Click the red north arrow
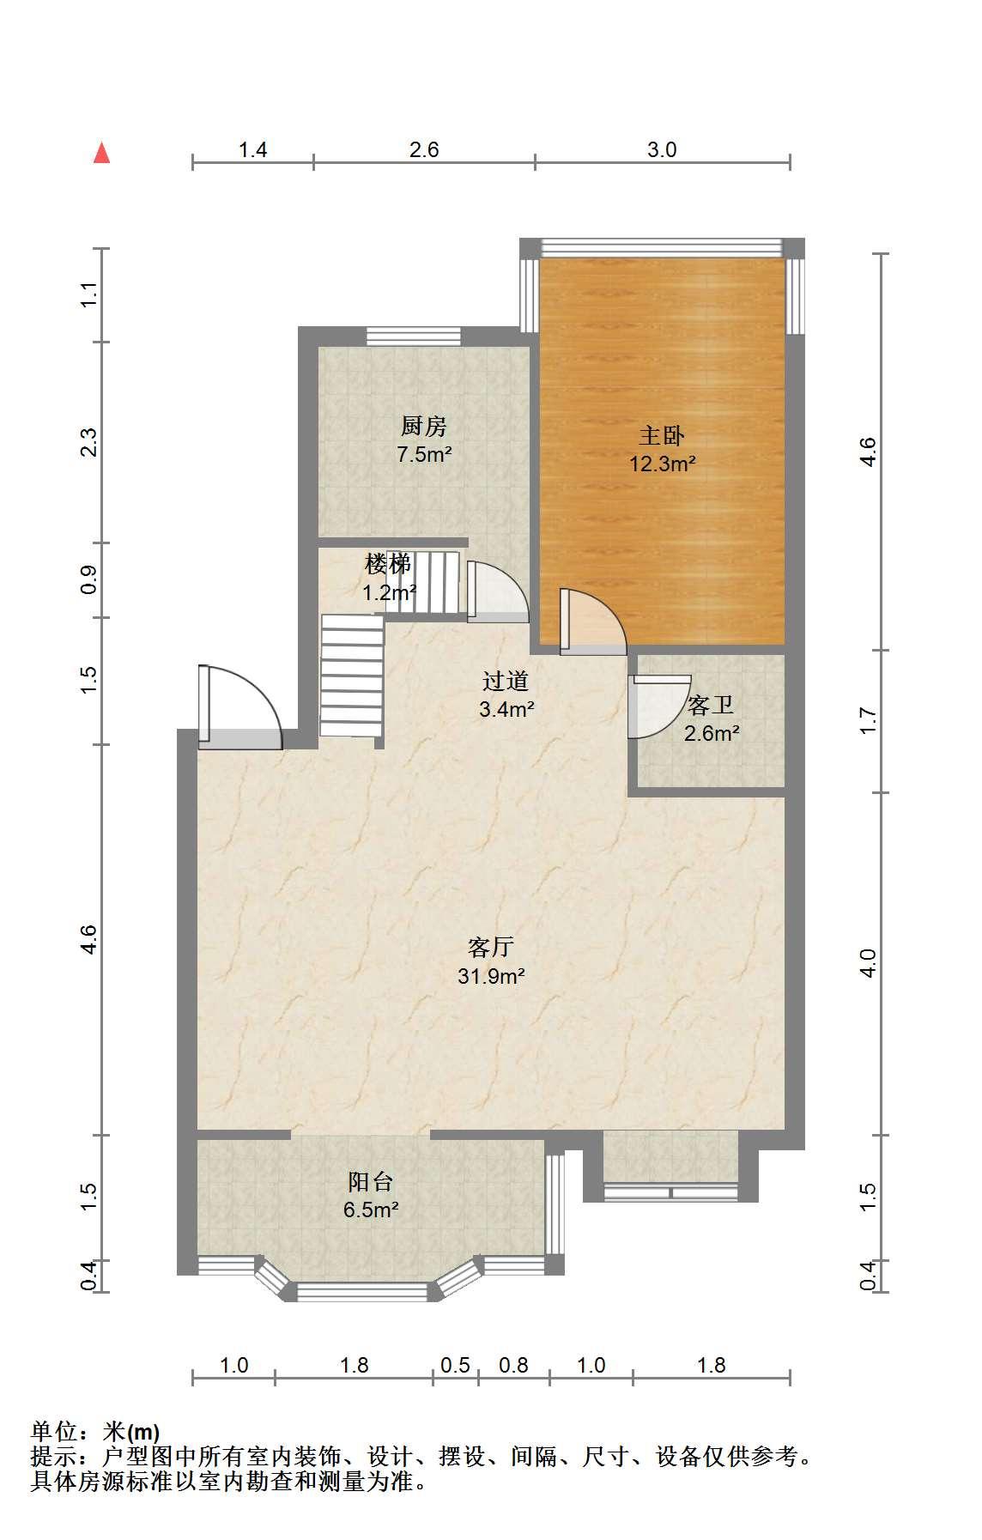click(102, 153)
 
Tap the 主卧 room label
click(662, 435)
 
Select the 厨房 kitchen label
click(424, 426)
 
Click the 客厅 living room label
click(491, 947)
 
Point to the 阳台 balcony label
click(371, 1182)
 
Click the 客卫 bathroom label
click(711, 706)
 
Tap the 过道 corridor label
click(505, 682)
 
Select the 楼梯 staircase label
click(388, 564)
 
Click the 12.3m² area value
click(662, 464)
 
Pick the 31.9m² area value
click(491, 976)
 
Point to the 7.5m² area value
click(424, 455)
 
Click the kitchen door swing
click(498, 591)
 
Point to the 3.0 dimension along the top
click(662, 150)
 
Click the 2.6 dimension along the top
click(424, 150)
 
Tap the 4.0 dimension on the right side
click(868, 963)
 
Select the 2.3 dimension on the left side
click(90, 442)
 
